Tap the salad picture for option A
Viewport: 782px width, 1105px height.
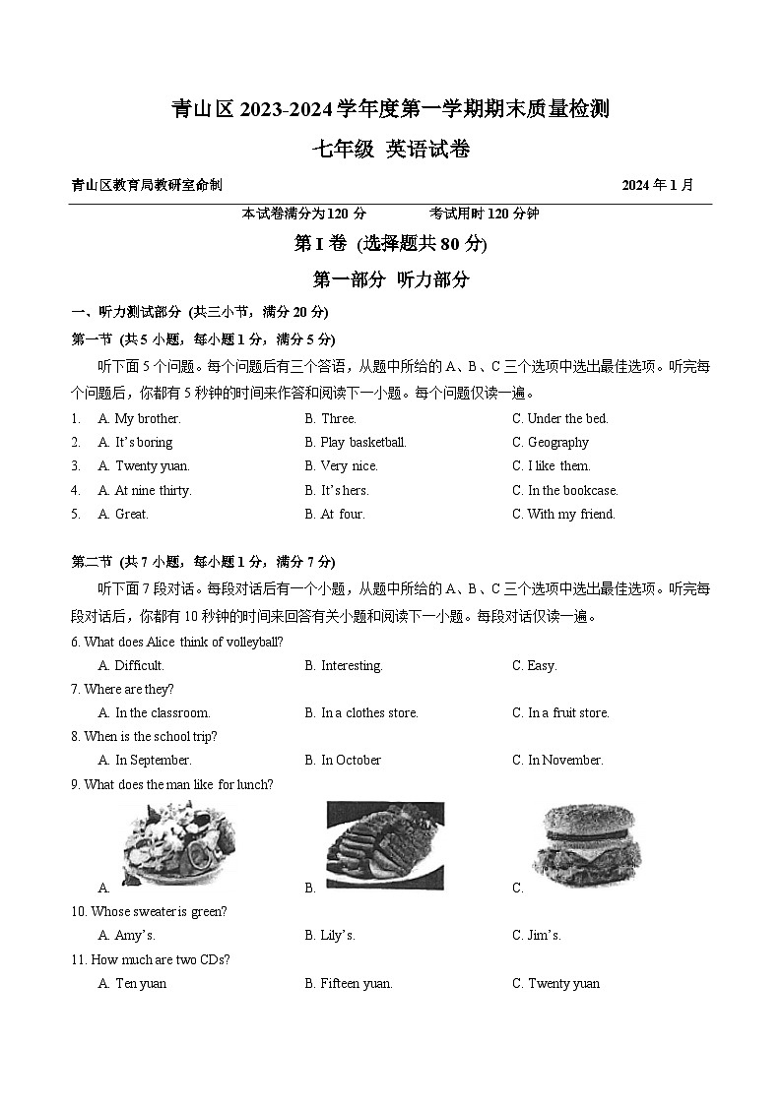click(x=178, y=845)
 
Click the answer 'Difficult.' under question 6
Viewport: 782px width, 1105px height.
click(x=139, y=665)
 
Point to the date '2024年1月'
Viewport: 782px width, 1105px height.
click(x=658, y=185)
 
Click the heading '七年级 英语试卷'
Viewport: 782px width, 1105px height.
click(x=391, y=150)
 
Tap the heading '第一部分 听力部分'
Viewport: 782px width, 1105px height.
click(x=391, y=279)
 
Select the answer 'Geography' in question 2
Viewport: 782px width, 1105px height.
click(x=558, y=442)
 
